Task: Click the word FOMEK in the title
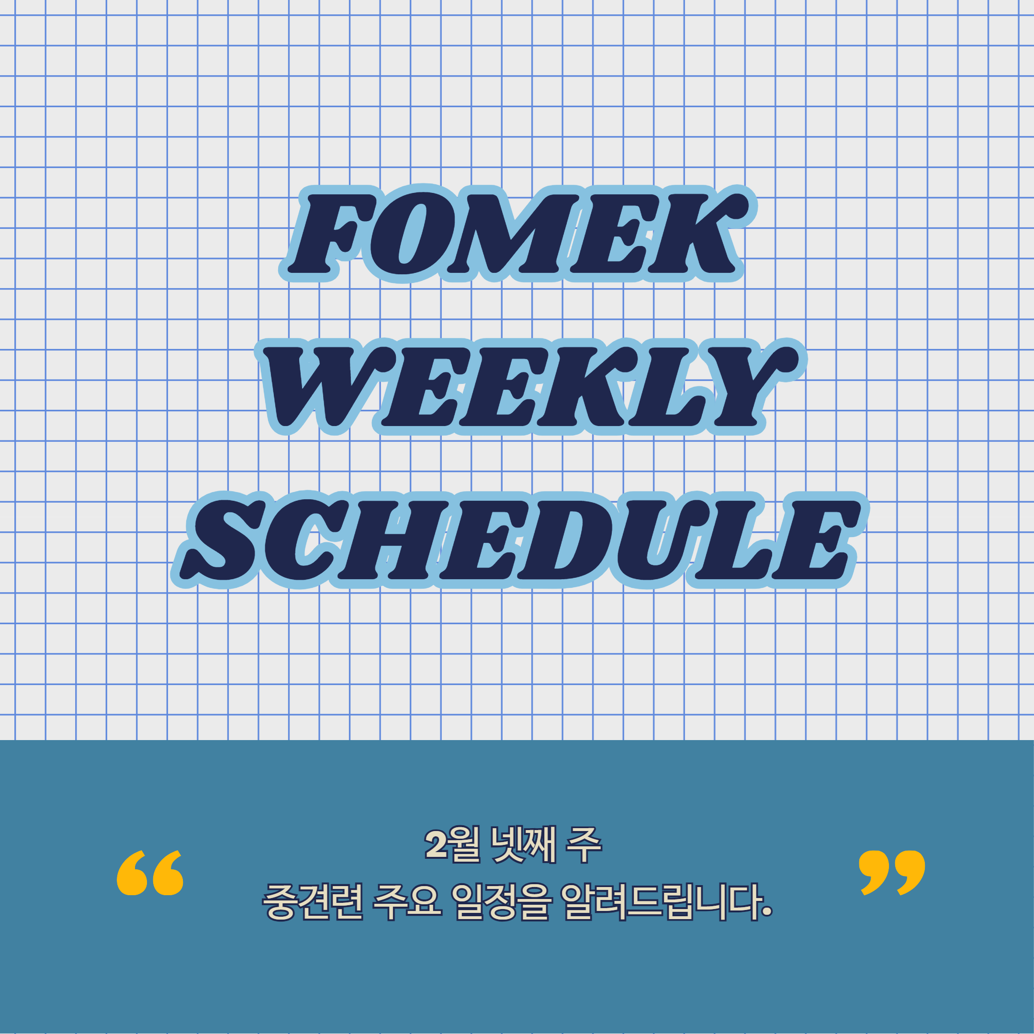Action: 518,234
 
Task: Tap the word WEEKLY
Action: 530,386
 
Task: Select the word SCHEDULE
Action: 518,540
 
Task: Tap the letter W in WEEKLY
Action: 316,386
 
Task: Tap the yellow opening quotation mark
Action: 150,873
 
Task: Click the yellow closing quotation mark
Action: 892,873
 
